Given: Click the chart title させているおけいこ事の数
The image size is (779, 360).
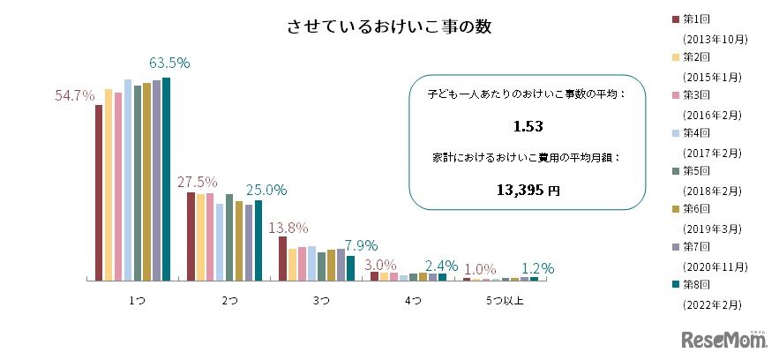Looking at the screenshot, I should click(388, 26).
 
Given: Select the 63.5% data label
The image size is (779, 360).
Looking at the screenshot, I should click(169, 64).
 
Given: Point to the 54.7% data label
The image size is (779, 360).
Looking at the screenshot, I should click(74, 96).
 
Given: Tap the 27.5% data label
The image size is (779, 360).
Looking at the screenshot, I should click(197, 182).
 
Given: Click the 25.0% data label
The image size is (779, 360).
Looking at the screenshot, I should click(266, 190).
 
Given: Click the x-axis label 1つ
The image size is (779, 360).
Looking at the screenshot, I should click(137, 302).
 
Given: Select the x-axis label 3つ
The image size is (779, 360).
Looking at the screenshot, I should click(321, 302).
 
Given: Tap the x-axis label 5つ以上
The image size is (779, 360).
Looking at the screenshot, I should click(505, 302).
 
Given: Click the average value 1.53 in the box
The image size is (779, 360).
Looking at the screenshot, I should click(528, 126).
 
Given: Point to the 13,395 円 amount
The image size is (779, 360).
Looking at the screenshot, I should click(528, 189).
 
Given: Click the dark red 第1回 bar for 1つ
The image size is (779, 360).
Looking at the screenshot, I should click(99, 192).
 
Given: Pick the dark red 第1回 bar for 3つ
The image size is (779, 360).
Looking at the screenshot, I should click(282, 258).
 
